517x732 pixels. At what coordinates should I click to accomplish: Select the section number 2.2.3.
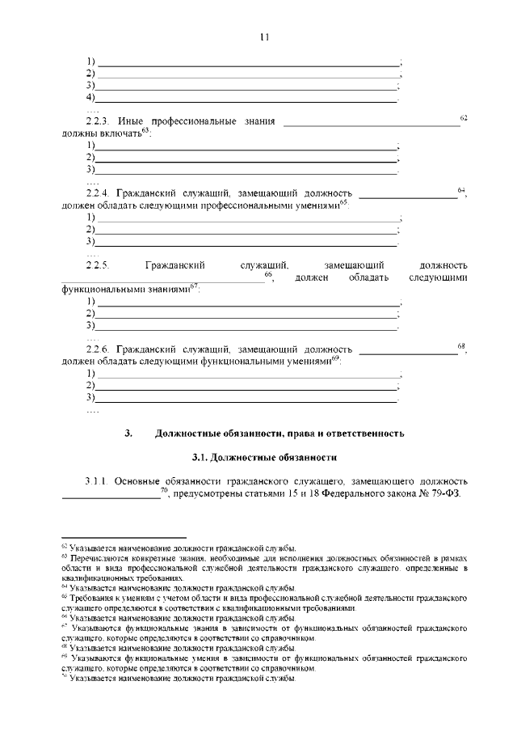tap(98, 122)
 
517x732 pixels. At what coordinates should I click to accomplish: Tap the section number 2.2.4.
tap(98, 195)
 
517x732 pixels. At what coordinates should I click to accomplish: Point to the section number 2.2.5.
tap(98, 264)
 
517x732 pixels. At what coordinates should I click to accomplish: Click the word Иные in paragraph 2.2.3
tap(130, 122)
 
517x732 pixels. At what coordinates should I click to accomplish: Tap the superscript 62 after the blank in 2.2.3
tap(464, 118)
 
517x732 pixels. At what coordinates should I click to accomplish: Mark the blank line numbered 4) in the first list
tap(246, 98)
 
